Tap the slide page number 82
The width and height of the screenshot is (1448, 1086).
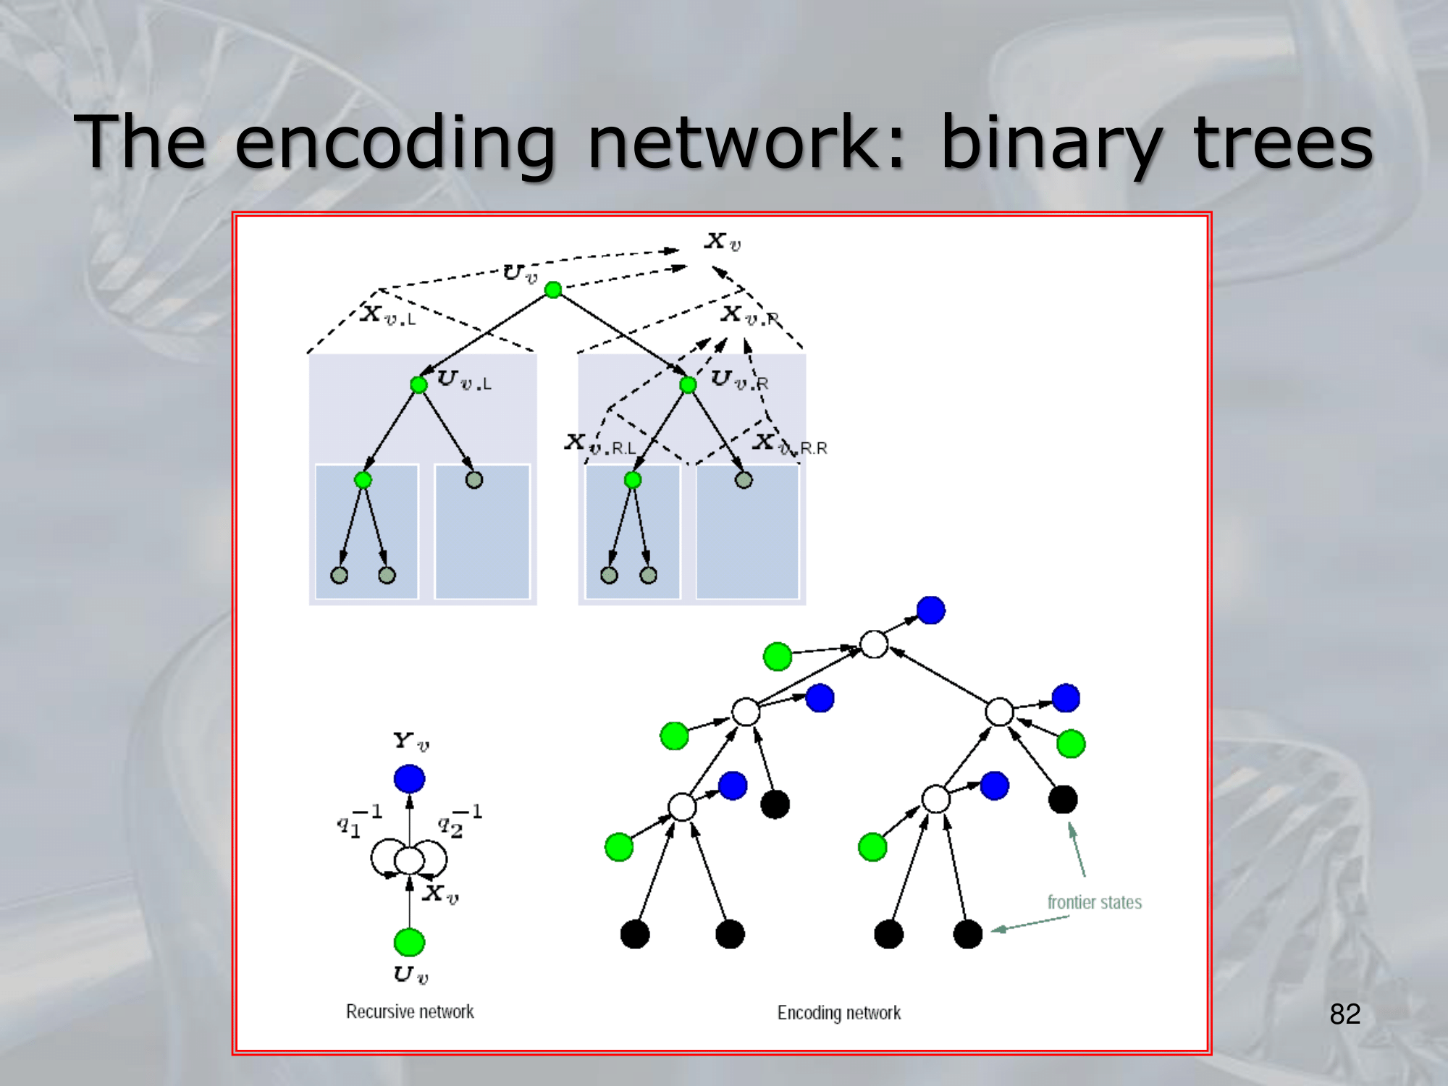(1344, 1014)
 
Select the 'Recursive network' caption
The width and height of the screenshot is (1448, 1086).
(410, 1011)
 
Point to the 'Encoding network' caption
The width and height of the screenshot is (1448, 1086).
(838, 1013)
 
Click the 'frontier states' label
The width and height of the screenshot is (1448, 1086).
(1094, 902)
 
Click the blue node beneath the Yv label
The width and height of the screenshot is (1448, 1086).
(409, 779)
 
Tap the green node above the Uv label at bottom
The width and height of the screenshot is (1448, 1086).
(409, 942)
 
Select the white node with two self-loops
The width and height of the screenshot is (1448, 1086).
(409, 860)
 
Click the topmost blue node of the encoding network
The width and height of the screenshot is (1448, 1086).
(930, 610)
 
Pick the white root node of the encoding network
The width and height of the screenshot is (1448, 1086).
(874, 644)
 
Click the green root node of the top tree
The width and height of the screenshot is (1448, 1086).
(553, 290)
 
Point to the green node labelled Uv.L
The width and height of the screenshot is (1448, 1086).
(418, 385)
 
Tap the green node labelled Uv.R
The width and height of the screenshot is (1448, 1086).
(688, 385)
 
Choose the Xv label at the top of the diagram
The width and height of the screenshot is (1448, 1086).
(723, 241)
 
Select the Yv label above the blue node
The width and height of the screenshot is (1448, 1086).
(411, 741)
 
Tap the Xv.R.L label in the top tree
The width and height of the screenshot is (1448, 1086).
(599, 444)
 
